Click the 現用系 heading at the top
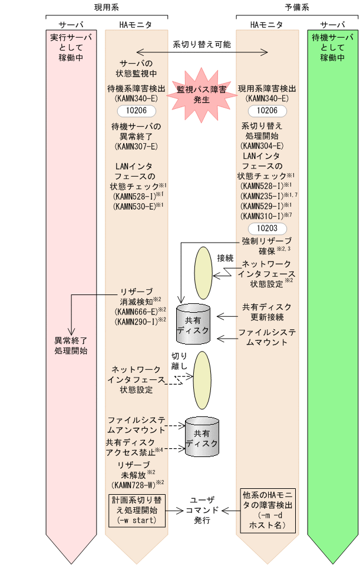pyautogui.click(x=107, y=7)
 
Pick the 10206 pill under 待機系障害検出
pyautogui.click(x=136, y=110)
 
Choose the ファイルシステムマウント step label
pyautogui.click(x=266, y=337)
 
